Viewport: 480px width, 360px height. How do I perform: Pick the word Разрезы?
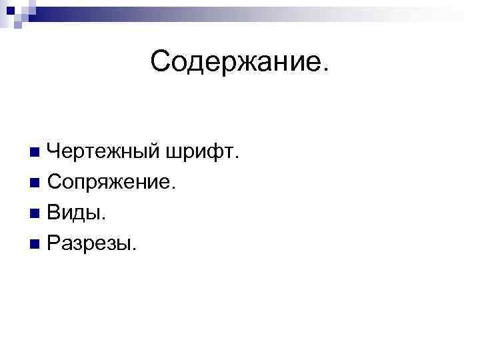tap(91, 245)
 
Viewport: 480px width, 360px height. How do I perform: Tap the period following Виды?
tap(103, 220)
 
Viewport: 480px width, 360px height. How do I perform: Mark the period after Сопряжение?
tap(175, 188)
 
